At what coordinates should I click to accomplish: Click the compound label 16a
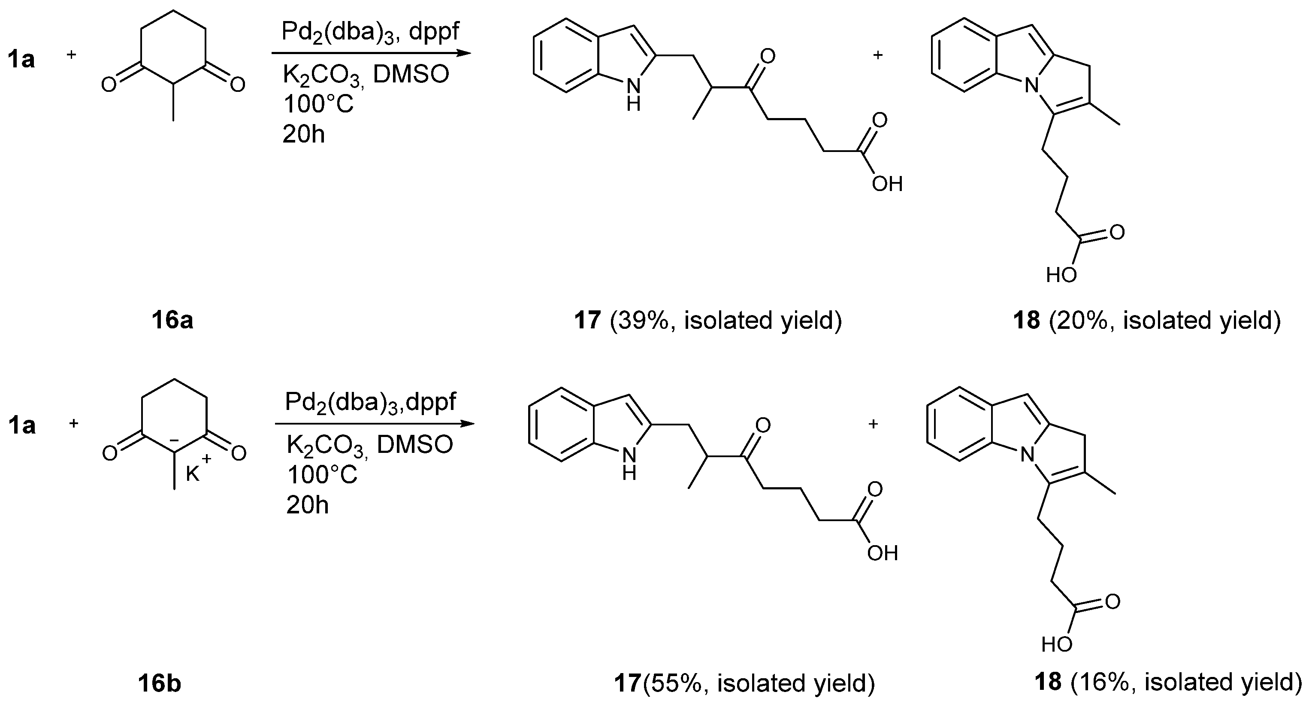coord(172,321)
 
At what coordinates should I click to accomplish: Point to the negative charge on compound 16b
coord(173,440)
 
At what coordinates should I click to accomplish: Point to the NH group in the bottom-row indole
coord(629,464)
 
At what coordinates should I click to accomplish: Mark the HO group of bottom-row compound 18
coord(1056,644)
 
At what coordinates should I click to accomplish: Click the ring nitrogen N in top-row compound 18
coord(1031,86)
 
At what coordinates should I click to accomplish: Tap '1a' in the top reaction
coord(21,60)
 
